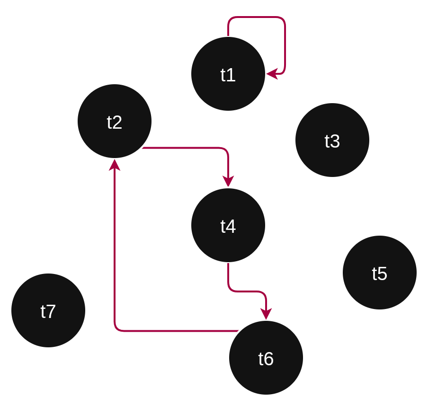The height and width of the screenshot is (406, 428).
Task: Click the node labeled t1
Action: [x=228, y=74]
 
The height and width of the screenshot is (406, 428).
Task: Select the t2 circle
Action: [x=114, y=121]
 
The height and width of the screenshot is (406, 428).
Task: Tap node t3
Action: [x=332, y=140]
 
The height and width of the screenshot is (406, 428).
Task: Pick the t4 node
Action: [x=228, y=225]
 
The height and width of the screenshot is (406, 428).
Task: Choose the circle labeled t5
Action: [x=379, y=273]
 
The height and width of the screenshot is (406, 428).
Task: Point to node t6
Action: [x=266, y=358]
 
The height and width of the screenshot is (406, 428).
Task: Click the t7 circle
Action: [x=48, y=310]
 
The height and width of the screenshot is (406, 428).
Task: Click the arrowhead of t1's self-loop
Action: [x=272, y=74]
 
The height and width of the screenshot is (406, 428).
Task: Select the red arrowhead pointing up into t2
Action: [x=115, y=165]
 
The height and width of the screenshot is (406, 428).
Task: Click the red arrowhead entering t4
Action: [x=228, y=181]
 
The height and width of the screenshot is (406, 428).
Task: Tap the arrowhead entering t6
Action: [x=266, y=314]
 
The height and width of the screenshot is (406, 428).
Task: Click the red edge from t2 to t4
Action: [x=189, y=148]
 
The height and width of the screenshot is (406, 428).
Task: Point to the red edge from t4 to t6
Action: [x=246, y=291]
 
